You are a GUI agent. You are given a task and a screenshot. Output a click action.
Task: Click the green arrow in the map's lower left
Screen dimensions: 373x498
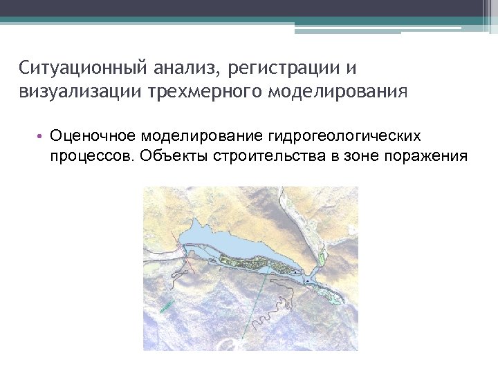[x=165, y=305]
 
